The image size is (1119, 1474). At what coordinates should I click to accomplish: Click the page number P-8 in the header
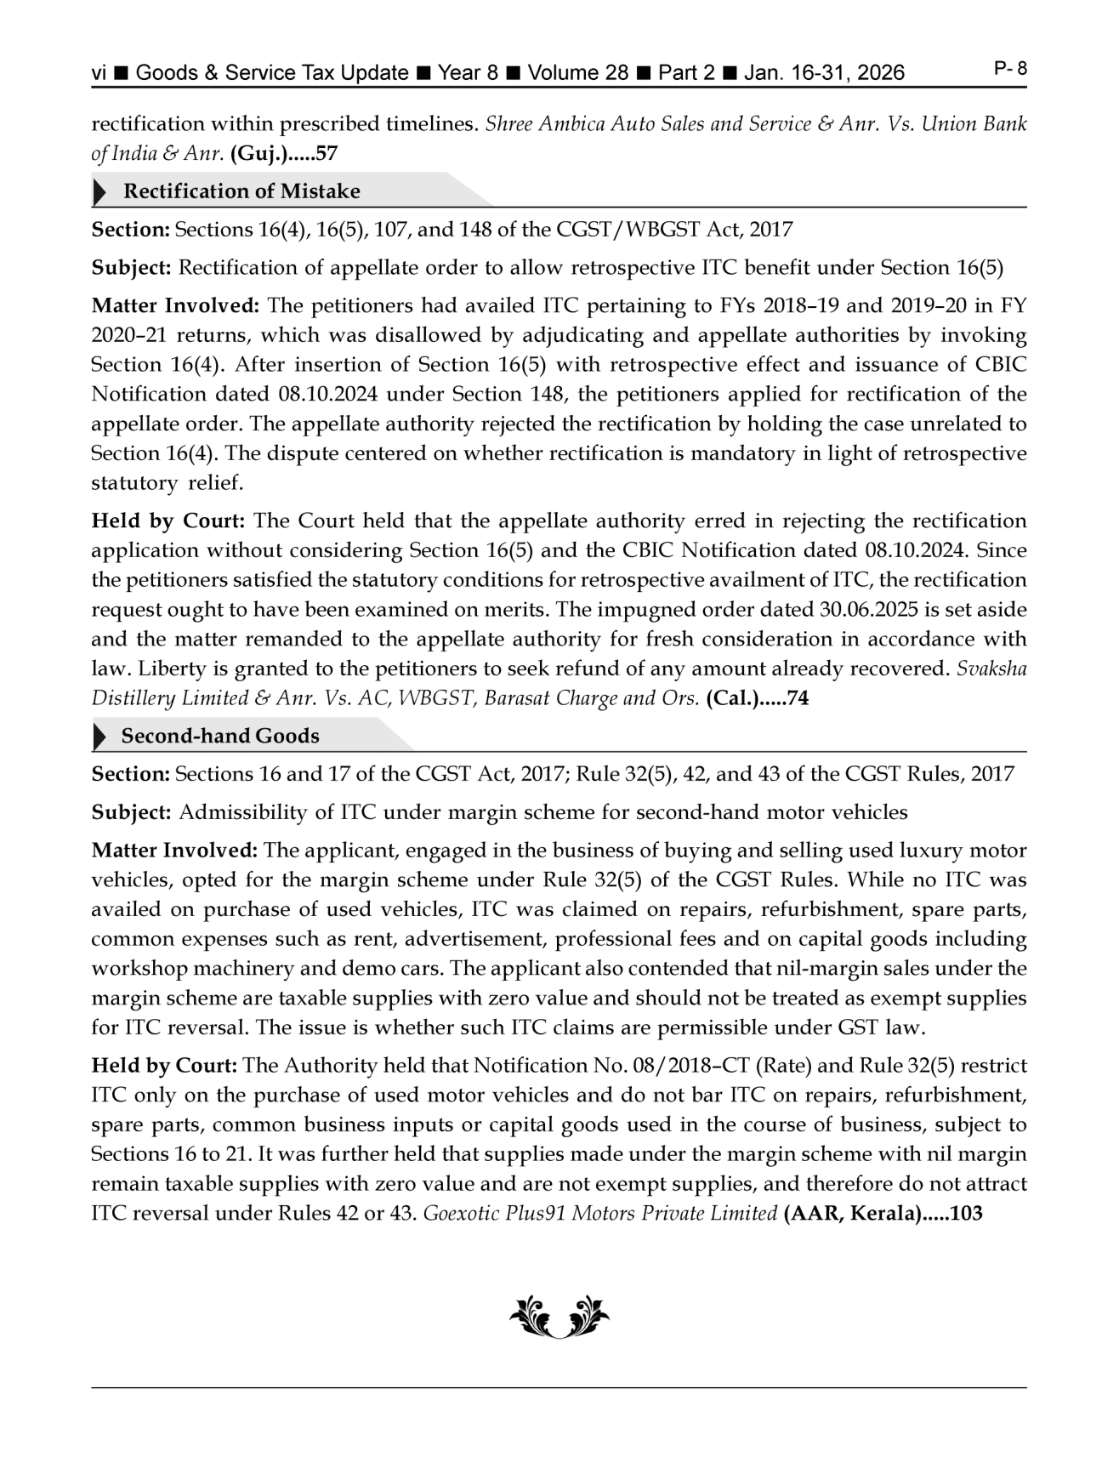1010,69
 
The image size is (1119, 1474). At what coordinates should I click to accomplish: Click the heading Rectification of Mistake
241,191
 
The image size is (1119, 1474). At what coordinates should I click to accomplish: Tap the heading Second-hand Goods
220,737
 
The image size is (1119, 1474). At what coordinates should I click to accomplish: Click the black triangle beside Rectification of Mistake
100,192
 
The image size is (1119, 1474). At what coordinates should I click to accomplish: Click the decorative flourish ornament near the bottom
559,1317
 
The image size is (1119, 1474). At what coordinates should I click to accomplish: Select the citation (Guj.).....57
284,154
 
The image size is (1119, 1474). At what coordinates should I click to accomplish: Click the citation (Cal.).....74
757,699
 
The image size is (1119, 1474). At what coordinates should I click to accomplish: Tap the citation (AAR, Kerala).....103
883,1214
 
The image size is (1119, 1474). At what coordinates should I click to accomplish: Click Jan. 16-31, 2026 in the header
824,73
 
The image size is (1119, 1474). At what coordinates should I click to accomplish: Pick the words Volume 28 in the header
577,73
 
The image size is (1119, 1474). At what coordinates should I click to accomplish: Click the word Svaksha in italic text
991,669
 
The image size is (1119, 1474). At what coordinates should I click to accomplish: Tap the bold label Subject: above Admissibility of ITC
131,812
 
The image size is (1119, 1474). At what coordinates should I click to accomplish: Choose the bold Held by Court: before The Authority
163,1066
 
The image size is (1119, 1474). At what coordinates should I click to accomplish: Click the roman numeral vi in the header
99,73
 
